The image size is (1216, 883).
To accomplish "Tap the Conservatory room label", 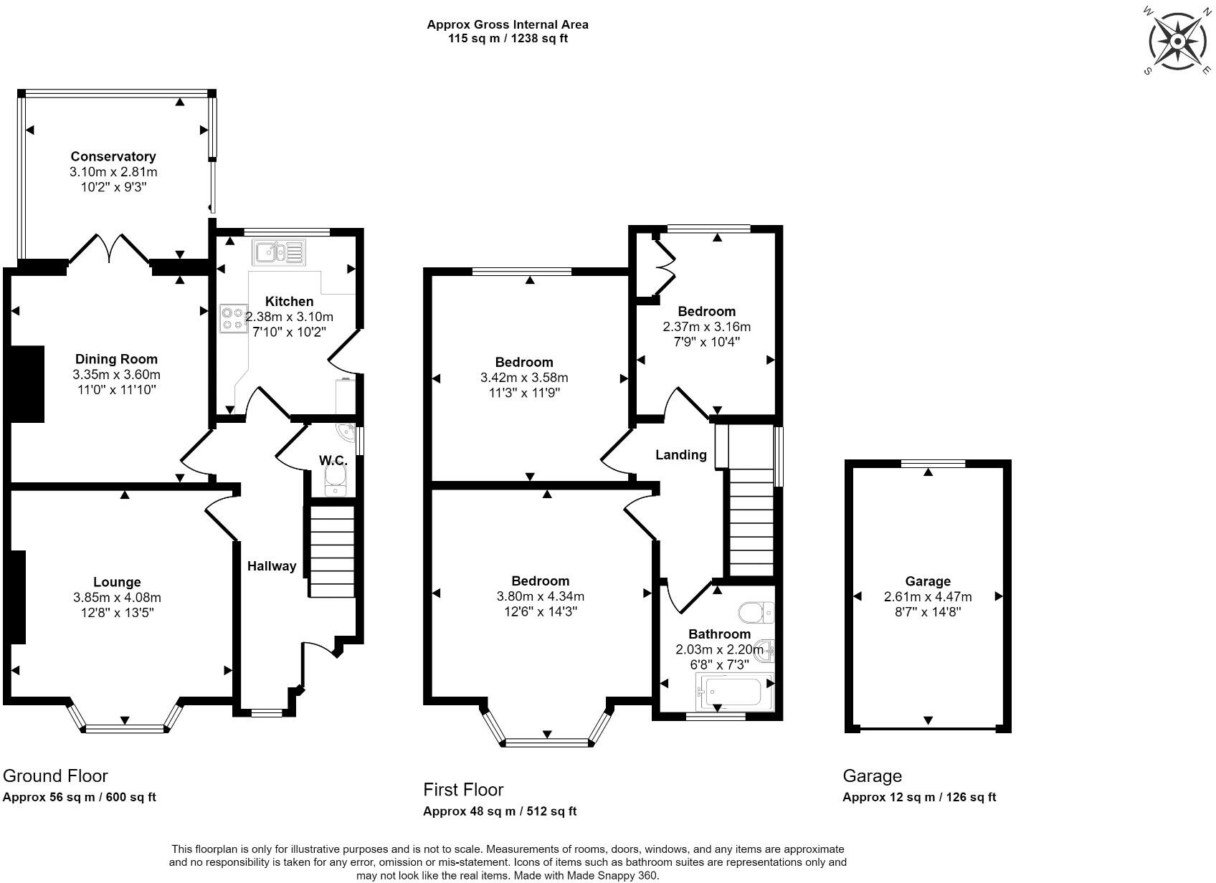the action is (113, 156).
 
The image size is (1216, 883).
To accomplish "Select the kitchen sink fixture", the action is (278, 252).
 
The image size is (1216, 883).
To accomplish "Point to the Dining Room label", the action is (116, 359).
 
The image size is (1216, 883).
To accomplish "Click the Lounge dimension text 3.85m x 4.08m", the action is (118, 598).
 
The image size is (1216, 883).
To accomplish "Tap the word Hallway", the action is (272, 566).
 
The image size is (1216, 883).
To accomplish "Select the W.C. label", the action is (333, 460).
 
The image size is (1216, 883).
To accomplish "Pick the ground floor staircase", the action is (332, 551).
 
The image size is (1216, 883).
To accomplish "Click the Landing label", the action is (680, 455).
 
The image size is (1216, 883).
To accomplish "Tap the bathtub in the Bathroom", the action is (735, 692).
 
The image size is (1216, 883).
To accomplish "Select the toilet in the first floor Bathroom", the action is (756, 612).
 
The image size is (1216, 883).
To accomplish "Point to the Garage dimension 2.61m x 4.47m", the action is (928, 596).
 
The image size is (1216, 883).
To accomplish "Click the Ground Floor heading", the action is (55, 776).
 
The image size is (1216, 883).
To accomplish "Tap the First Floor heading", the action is (463, 790).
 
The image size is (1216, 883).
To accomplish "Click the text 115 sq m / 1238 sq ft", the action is (508, 39).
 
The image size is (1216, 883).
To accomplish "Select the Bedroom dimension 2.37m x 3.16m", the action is (706, 327).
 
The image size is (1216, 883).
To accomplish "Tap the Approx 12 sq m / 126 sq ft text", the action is (919, 797).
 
